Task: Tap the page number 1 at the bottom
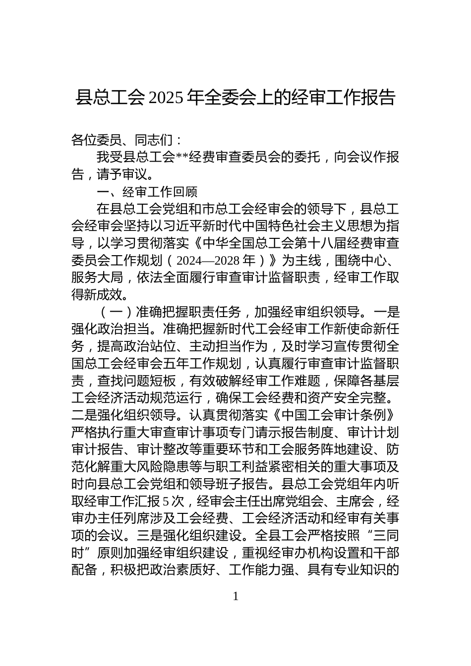click(x=235, y=596)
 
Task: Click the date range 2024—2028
click(x=208, y=261)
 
